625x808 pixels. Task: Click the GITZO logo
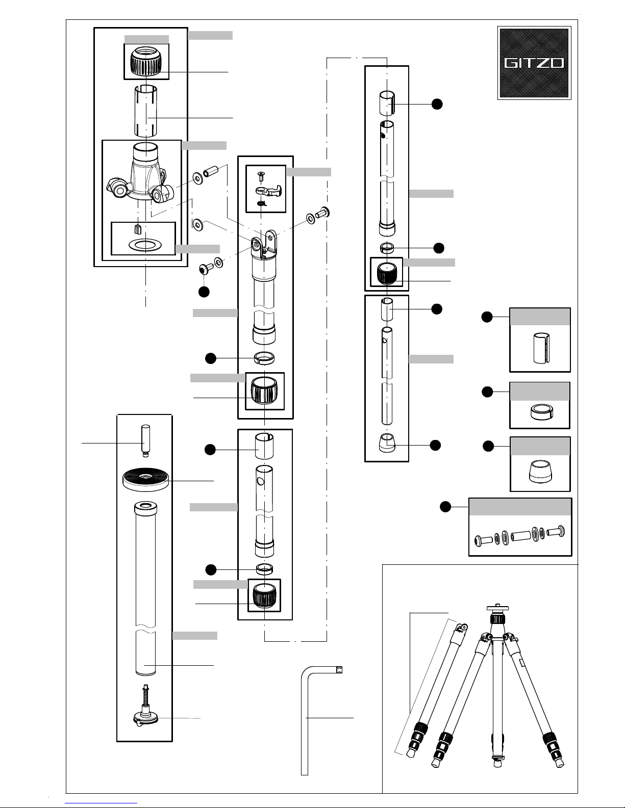[x=534, y=63]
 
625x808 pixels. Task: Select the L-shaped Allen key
[x=305, y=724]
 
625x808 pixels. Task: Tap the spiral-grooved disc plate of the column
[x=145, y=480]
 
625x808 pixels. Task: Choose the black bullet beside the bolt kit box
[x=445, y=507]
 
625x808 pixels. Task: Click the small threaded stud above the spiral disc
[x=145, y=439]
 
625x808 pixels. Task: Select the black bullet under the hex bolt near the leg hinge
[x=204, y=292]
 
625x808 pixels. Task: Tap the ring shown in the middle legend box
[x=540, y=411]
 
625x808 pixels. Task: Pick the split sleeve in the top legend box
[x=540, y=348]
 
